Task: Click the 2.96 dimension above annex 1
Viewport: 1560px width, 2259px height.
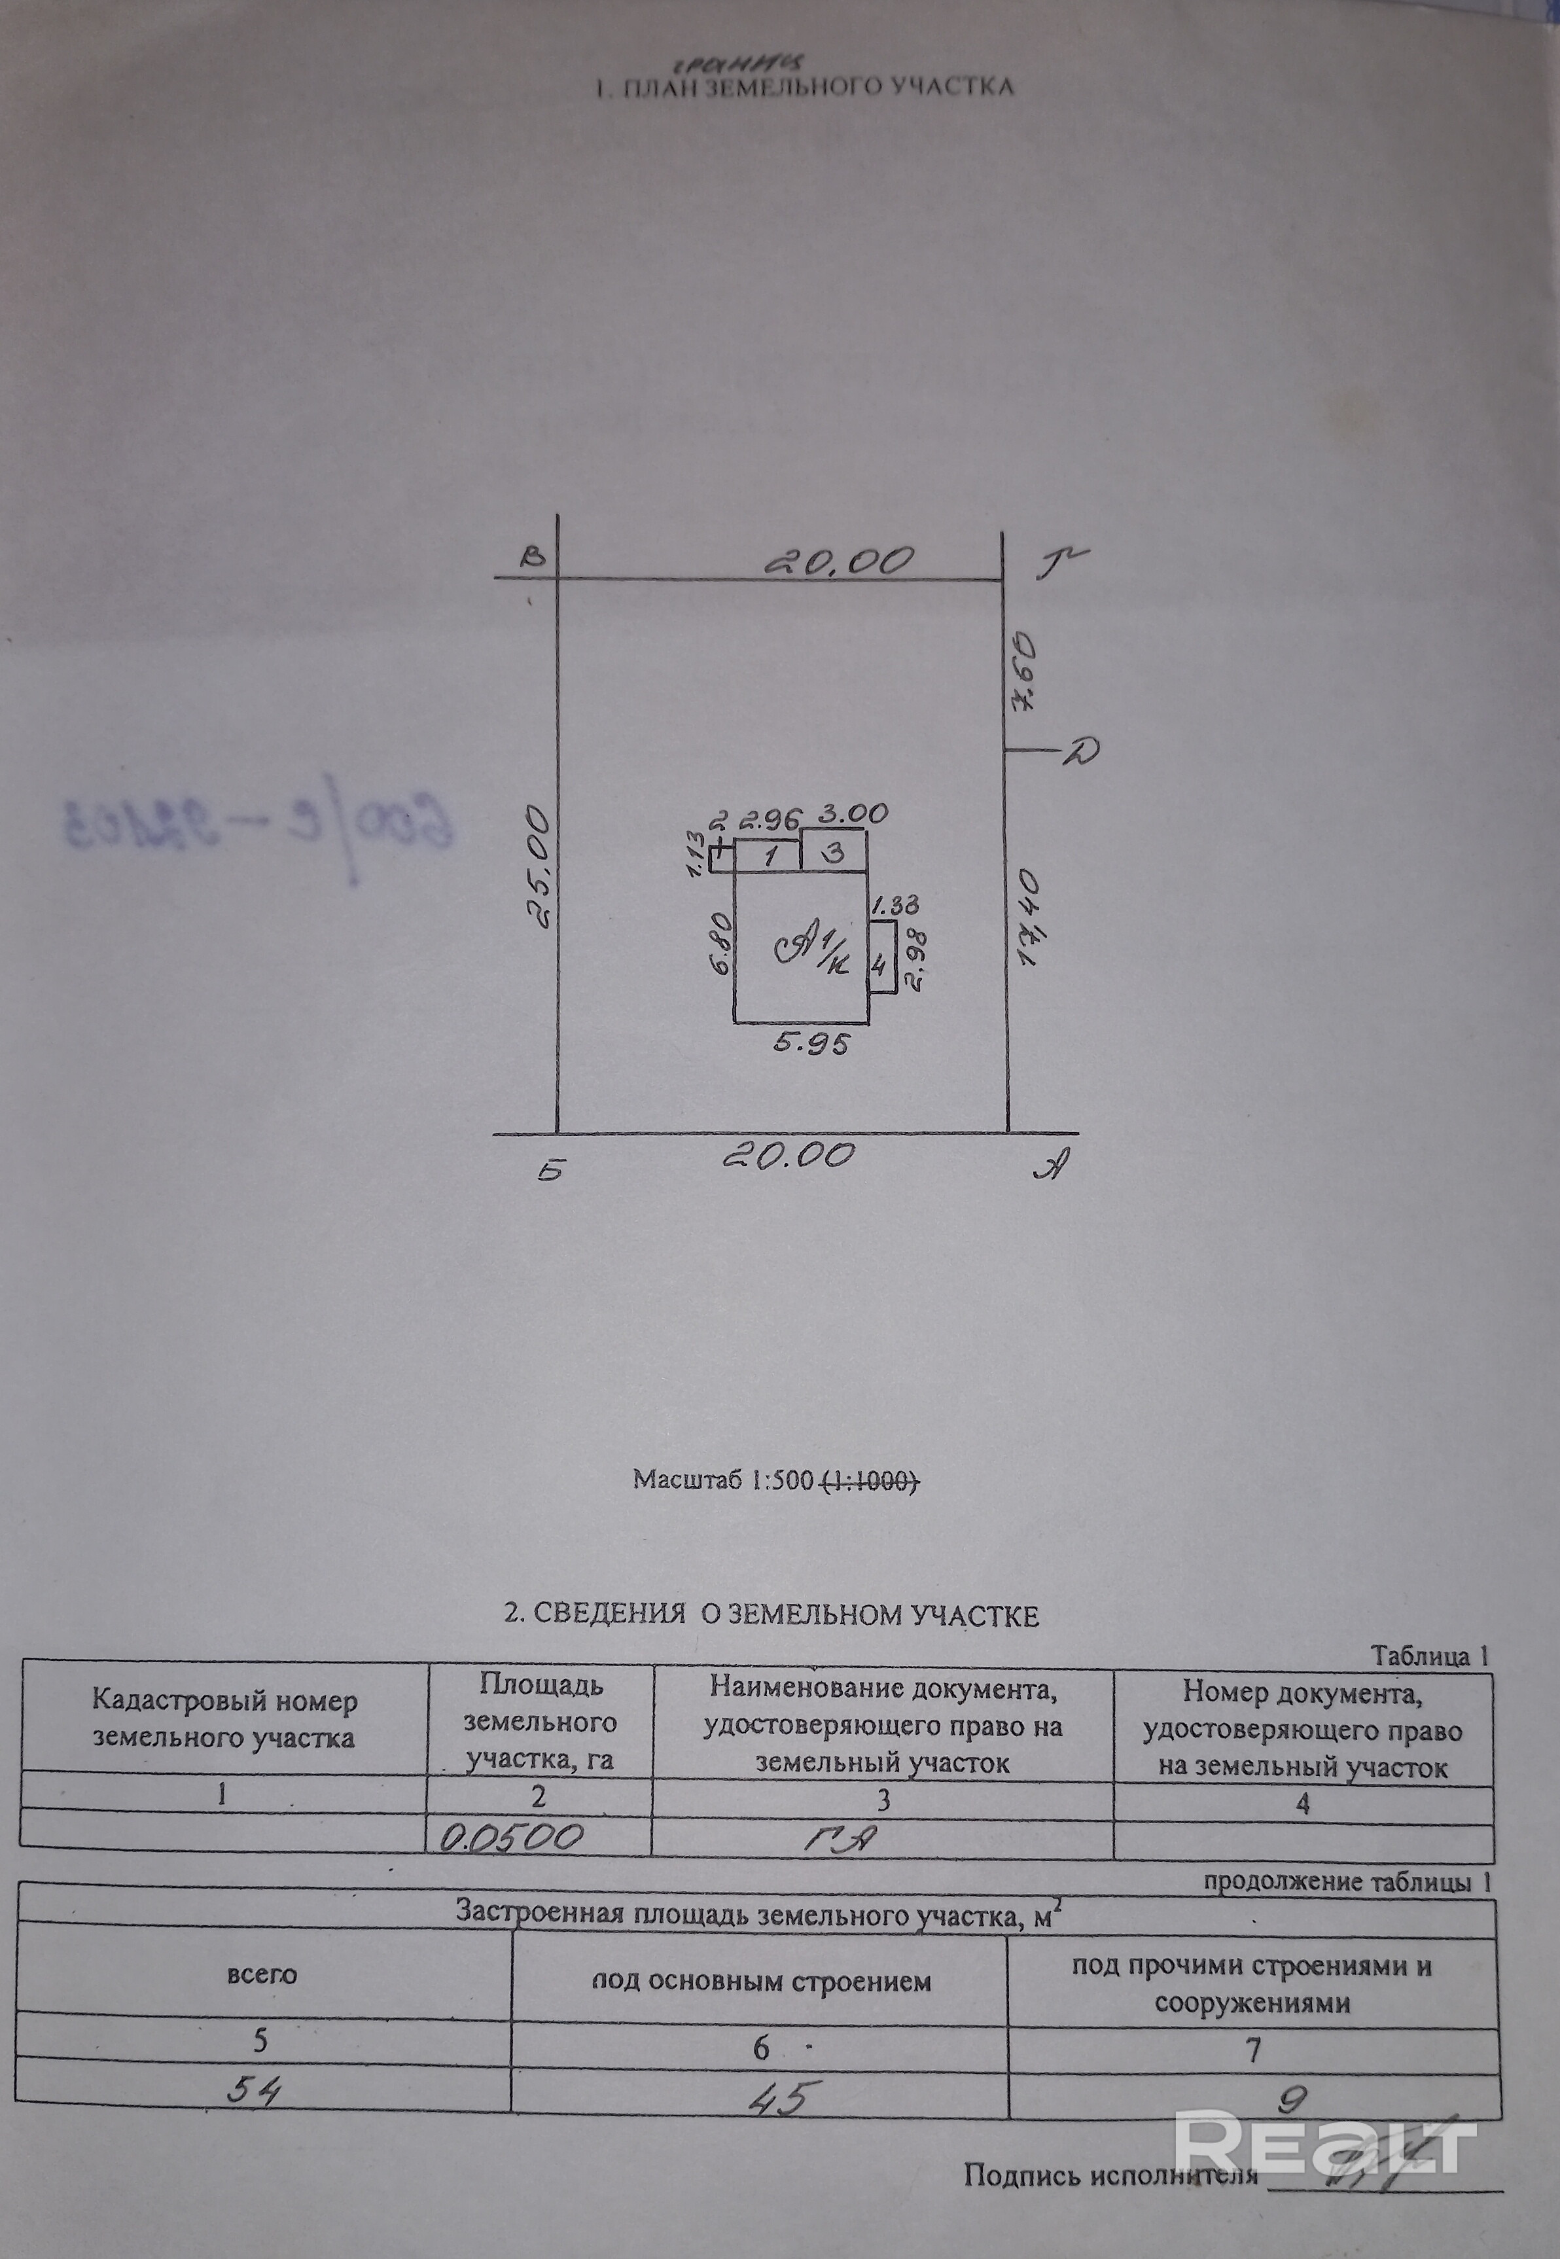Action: click(770, 817)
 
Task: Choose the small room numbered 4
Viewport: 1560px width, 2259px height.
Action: click(879, 967)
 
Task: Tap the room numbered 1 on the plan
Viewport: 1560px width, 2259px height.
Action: click(770, 857)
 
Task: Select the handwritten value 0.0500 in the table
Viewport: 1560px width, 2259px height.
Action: click(511, 1839)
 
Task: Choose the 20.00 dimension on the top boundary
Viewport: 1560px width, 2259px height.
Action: click(840, 560)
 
